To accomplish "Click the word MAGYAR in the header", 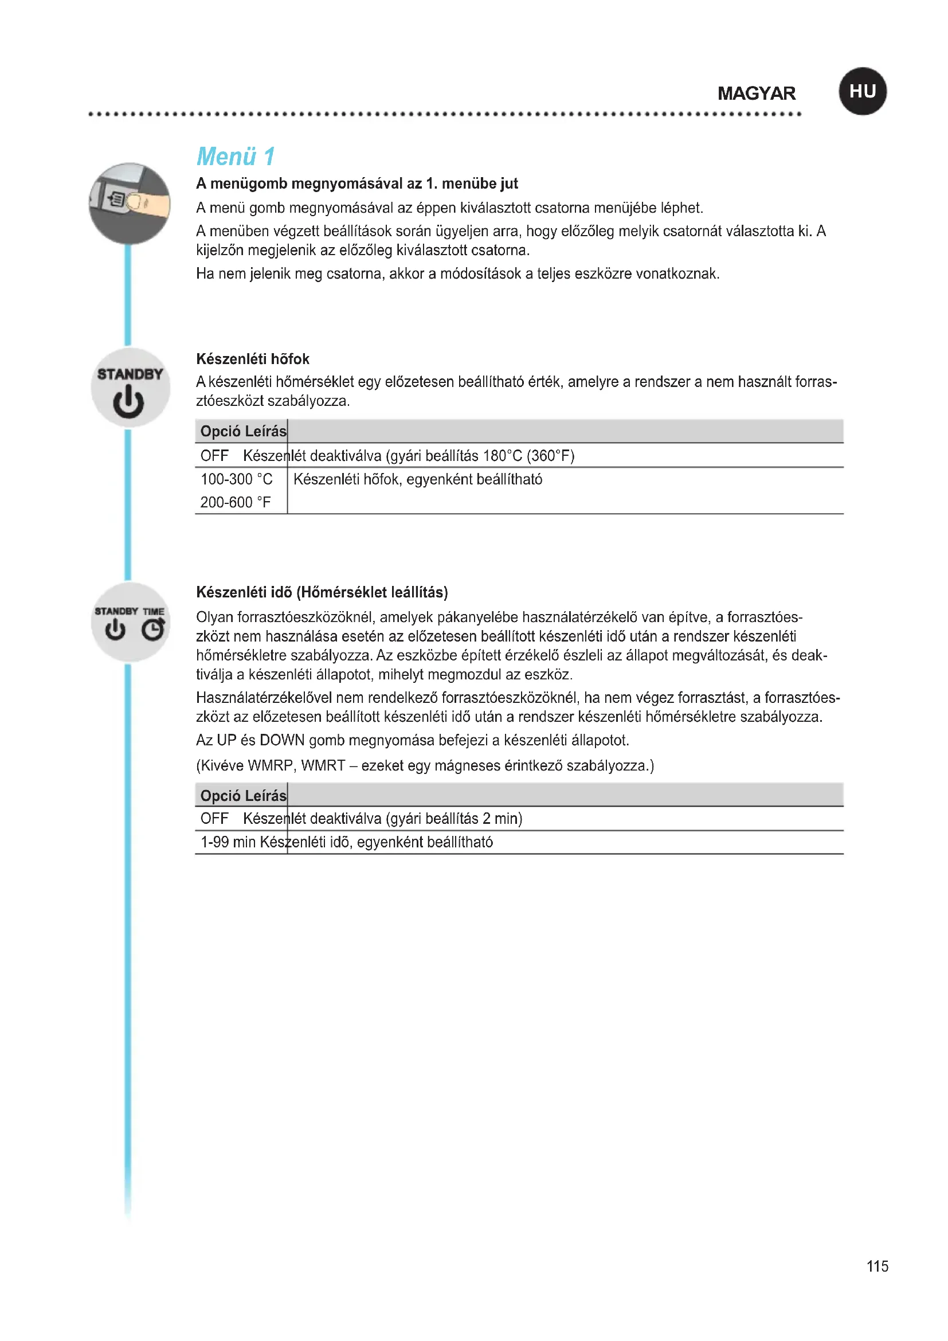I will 756,93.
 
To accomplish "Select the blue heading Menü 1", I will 235,157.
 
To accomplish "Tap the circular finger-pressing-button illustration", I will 130,204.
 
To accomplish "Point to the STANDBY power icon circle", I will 130,388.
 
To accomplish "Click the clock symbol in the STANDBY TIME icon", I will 153,630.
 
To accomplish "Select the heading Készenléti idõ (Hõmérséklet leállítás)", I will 322,592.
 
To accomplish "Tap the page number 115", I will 877,1266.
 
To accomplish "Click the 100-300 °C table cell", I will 236,479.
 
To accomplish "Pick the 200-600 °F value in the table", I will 235,502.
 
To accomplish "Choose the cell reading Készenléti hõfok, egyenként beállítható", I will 417,479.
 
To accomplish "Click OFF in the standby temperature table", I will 214,456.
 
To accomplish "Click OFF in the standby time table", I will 214,818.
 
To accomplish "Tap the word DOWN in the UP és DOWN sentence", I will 282,740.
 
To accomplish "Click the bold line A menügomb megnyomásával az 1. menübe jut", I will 357,183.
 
